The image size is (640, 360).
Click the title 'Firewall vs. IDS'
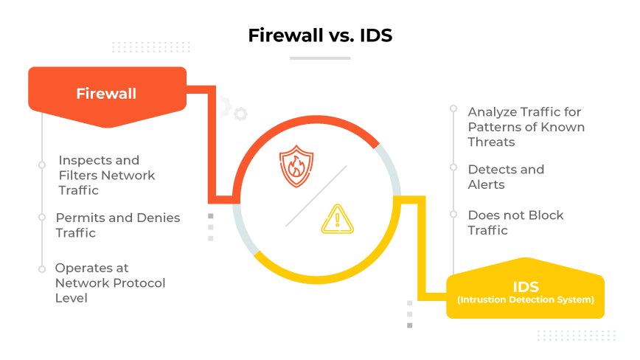[x=319, y=35]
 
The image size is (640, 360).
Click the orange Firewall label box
[x=106, y=94]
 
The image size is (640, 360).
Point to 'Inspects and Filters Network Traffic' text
[x=106, y=175]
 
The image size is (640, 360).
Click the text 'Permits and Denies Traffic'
[x=117, y=225]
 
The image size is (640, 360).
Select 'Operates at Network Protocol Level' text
[x=110, y=283]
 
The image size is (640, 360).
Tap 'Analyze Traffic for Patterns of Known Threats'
[x=526, y=126]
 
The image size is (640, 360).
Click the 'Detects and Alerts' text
[x=506, y=176]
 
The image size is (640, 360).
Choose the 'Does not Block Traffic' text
[x=515, y=222]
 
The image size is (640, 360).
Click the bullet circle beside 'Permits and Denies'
[x=42, y=218]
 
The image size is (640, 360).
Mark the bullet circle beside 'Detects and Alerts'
[x=453, y=169]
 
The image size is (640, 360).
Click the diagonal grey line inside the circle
[x=316, y=195]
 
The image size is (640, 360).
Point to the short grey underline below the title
[x=319, y=58]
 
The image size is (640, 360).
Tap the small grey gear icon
[x=240, y=114]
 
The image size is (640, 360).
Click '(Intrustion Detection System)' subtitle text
[x=525, y=300]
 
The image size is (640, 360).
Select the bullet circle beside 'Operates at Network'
[x=42, y=269]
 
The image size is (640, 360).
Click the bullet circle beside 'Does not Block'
[x=453, y=215]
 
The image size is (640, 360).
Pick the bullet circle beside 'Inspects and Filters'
[x=42, y=165]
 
